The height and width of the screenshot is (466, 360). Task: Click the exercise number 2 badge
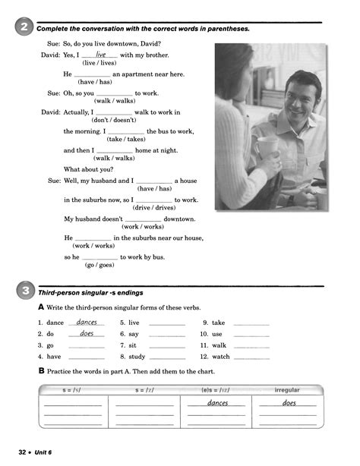tap(23, 28)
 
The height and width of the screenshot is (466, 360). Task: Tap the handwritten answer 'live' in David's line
tap(100, 55)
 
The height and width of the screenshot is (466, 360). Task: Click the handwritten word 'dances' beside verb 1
tap(87, 322)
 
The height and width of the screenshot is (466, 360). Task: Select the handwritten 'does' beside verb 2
tap(87, 333)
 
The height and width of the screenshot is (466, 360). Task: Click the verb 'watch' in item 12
tap(220, 356)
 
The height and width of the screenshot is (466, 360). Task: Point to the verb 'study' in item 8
tap(137, 356)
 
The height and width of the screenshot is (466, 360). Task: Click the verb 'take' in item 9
tap(218, 323)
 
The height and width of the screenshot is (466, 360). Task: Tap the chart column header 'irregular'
tap(286, 390)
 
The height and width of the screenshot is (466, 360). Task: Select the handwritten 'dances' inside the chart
tap(217, 403)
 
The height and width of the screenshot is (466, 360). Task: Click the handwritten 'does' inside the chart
tap(289, 403)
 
